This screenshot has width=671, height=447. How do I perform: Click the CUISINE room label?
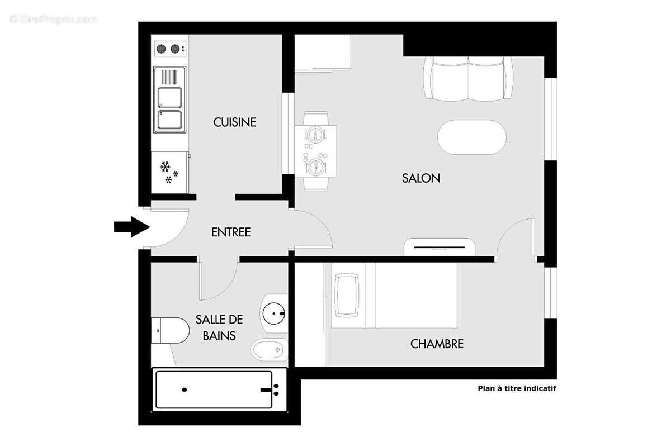coord(234,122)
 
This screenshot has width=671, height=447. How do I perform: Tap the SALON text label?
coord(421,178)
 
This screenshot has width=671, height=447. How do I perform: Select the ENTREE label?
coord(230,232)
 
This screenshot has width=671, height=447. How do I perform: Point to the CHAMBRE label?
coord(437,344)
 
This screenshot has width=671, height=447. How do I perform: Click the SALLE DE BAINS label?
coord(219,327)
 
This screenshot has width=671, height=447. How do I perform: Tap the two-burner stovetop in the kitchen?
coord(170,49)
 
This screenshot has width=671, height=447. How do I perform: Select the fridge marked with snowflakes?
coord(170,172)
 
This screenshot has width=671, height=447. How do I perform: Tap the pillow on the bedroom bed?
coord(347,295)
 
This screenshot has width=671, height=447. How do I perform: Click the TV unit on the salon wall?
coord(440,246)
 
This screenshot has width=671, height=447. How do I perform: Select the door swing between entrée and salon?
coord(313,229)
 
